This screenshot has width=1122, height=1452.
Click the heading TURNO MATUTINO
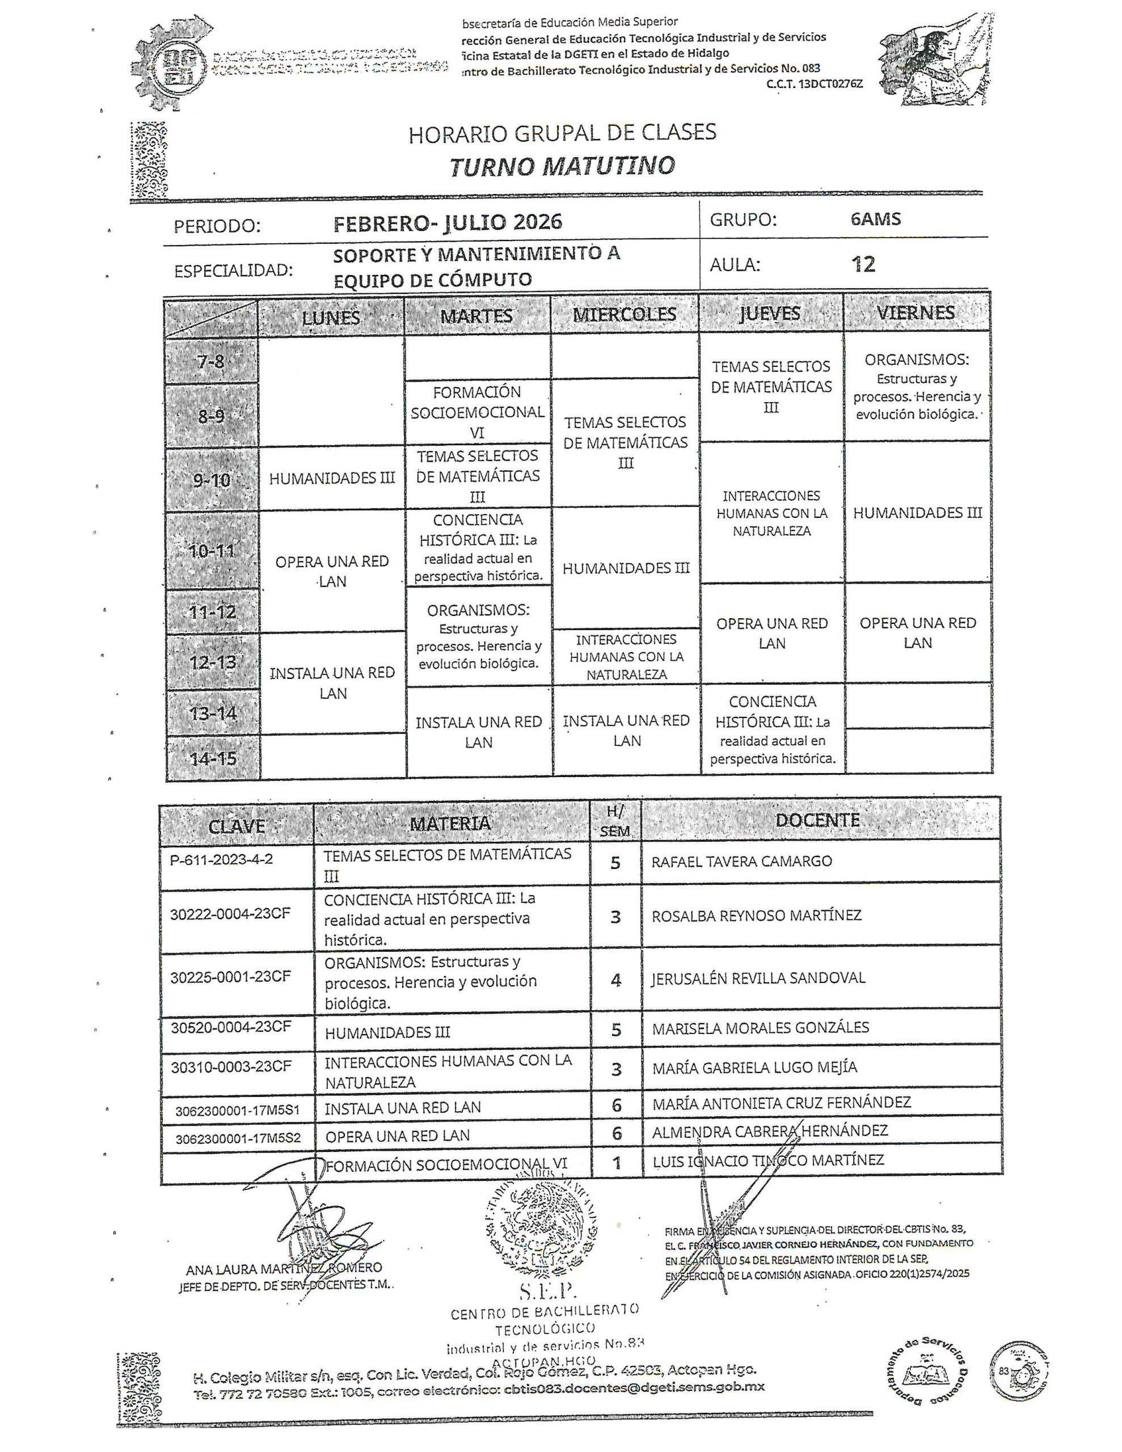562,166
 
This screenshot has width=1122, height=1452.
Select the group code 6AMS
875,220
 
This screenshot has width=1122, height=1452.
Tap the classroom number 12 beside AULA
863,265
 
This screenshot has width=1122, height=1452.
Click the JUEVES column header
770,314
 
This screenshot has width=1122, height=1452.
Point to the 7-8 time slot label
211,362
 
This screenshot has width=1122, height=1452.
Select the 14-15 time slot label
213,758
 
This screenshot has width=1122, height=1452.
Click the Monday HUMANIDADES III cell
332,479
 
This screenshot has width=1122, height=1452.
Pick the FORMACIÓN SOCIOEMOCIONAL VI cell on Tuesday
478,412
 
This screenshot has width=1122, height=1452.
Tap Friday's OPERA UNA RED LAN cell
918,633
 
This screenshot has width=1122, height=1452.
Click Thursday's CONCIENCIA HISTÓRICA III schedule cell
772,730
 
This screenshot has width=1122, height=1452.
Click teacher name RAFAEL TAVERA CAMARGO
741,862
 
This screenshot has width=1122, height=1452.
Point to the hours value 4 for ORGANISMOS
616,981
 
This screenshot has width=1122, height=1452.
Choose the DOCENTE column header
817,820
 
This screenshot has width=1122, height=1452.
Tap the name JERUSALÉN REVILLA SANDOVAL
758,978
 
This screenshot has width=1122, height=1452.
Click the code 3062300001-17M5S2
238,1139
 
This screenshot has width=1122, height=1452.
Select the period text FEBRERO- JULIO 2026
448,223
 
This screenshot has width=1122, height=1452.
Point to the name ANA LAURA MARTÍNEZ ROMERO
284,1268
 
